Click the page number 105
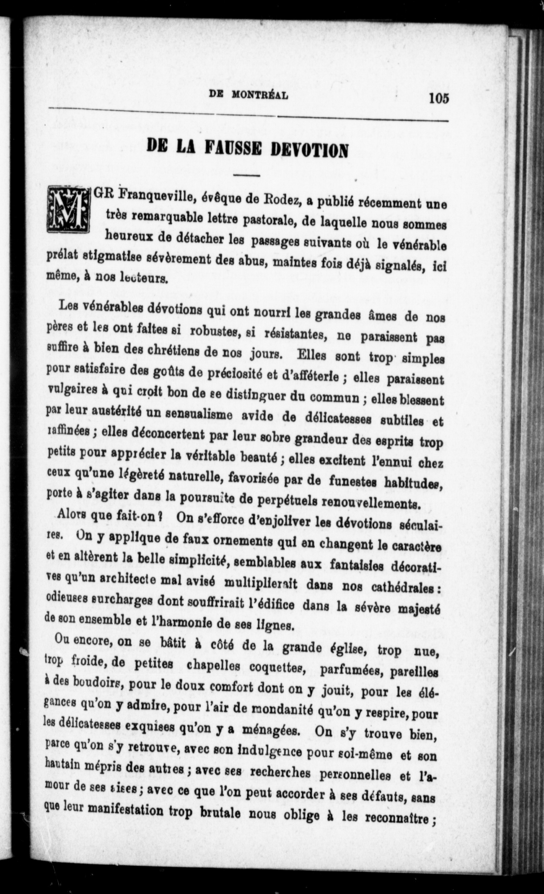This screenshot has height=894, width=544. point(439,99)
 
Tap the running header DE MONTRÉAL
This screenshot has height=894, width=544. point(249,95)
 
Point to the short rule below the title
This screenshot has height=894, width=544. point(247,176)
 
